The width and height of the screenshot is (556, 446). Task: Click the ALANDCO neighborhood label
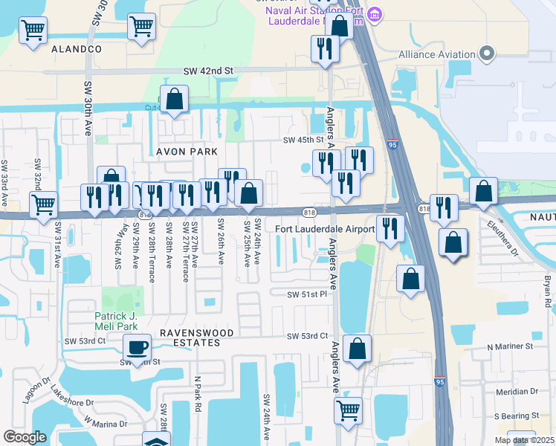pos(77,48)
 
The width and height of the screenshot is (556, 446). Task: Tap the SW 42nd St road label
pos(209,71)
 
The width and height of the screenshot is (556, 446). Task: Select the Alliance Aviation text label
pos(436,54)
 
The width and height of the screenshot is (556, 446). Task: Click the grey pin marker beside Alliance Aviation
pos(487,54)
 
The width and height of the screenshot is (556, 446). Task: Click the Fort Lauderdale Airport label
pos(325,229)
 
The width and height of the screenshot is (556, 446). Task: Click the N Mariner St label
pos(511,346)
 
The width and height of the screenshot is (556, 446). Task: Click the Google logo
pos(25,437)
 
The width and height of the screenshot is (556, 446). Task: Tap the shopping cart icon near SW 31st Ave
pos(44,202)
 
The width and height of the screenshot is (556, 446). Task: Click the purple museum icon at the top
pos(375,14)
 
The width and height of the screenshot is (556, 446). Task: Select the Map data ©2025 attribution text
pos(524,440)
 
